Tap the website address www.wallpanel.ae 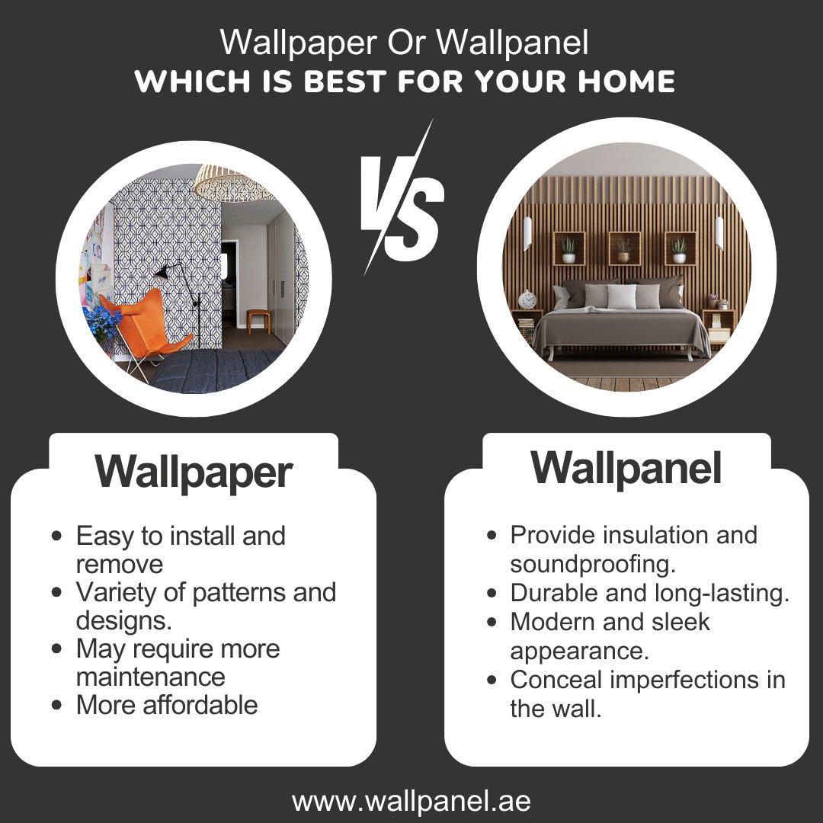pyautogui.click(x=411, y=801)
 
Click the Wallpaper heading pyautogui.click(x=194, y=472)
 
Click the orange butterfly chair pyautogui.click(x=137, y=320)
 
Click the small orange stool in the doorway pyautogui.click(x=258, y=319)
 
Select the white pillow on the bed pyautogui.click(x=621, y=296)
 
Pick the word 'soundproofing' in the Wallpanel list pyautogui.click(x=592, y=565)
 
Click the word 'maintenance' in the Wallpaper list pyautogui.click(x=151, y=677)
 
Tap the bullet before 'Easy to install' pyautogui.click(x=56, y=536)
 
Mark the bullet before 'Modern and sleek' pyautogui.click(x=492, y=623)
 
